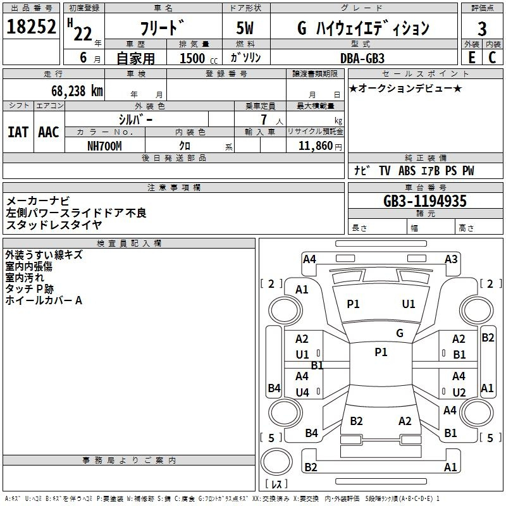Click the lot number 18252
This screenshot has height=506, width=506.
pos(31,27)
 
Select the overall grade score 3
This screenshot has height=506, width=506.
pos(482,28)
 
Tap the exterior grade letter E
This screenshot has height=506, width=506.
pos(471,58)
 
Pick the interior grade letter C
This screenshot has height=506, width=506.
pos(492,58)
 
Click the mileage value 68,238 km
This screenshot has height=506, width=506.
pos(77,91)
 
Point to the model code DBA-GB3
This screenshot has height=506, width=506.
pos(362,58)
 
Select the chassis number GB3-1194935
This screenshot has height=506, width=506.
pos(425,201)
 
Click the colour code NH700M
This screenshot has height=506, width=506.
pos(104,146)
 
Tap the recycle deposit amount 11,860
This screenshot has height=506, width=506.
pos(315,146)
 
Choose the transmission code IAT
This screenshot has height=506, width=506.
pos(18,132)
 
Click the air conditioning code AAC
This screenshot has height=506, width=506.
pos(49,132)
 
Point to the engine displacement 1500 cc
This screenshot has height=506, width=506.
pos(199,58)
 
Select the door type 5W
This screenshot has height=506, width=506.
pos(245,28)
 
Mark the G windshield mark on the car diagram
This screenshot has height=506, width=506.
pos(400,333)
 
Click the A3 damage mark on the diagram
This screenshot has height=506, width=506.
pos(451,259)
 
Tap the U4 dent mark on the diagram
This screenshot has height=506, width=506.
pos(302,392)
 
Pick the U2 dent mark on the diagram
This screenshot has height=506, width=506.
pos(459,392)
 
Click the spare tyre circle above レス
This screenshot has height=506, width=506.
pos(276,461)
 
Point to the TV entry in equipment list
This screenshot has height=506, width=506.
pos(385,171)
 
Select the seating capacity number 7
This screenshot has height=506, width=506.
pos(264,120)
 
